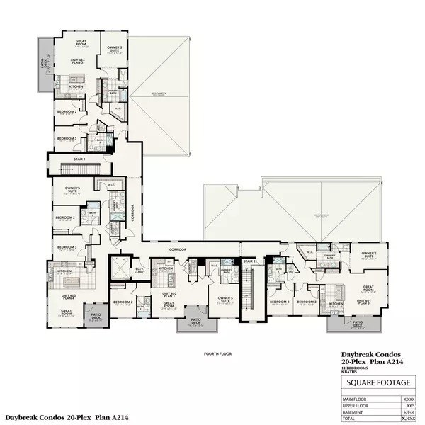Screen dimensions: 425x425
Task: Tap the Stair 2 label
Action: pos(249,261)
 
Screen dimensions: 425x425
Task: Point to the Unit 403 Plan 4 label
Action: pos(68,294)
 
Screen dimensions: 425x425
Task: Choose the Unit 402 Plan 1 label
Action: pos(169,295)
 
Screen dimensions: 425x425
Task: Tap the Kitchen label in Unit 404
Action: pos(76,86)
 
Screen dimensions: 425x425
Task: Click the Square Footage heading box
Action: pos(377,383)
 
